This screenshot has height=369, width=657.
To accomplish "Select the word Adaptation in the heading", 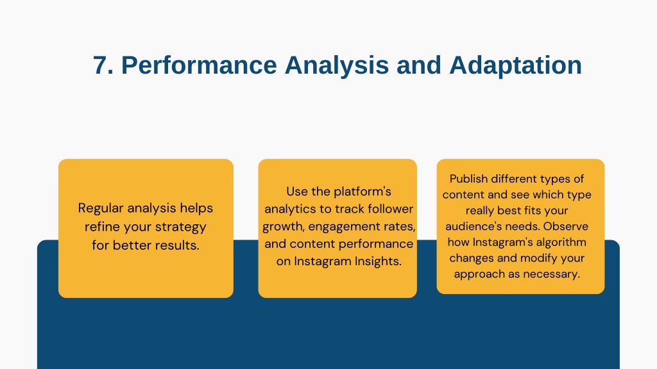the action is click(x=515, y=65).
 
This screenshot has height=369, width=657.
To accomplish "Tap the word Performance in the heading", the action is click(x=199, y=65).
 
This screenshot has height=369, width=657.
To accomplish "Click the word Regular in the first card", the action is click(x=101, y=208).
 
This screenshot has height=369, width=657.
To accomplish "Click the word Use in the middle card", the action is click(x=297, y=192).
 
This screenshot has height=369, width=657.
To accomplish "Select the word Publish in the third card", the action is click(x=468, y=179).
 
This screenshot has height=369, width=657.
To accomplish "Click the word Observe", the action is click(x=566, y=226).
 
